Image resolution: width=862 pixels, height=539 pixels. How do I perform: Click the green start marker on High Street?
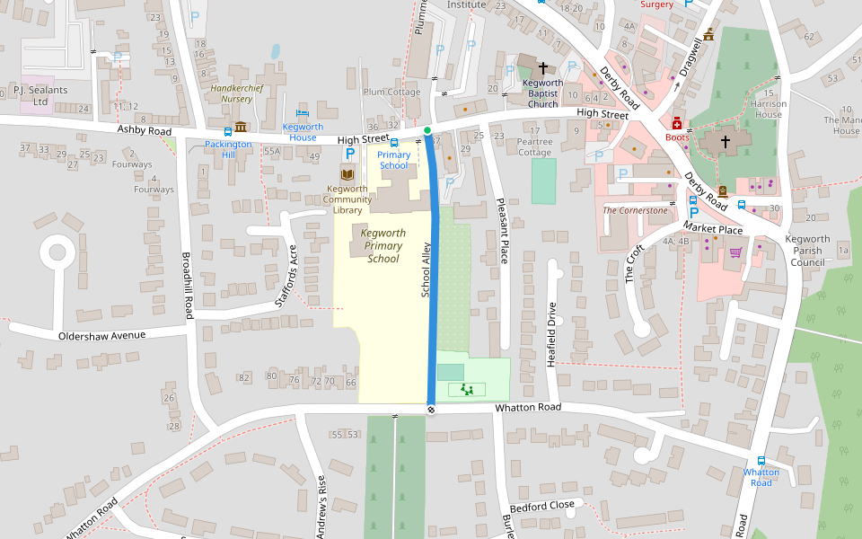427,131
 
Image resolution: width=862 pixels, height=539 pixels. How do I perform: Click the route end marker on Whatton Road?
431,410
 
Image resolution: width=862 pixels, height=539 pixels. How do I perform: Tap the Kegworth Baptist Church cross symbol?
542,68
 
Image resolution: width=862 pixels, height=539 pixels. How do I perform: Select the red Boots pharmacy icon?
677,123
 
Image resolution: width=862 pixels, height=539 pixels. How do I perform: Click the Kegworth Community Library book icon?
347,173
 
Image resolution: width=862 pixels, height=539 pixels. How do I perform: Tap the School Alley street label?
427,269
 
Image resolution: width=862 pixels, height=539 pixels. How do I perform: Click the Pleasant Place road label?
503,233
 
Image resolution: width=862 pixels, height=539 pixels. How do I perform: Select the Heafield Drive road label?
552,328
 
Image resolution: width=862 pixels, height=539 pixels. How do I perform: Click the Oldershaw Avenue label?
101,335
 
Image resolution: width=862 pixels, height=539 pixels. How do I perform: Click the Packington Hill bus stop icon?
229,131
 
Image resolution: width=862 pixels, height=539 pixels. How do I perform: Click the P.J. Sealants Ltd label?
40,95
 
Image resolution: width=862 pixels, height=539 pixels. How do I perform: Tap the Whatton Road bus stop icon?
761,460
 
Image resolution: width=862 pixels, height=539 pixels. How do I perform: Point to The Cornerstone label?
636,210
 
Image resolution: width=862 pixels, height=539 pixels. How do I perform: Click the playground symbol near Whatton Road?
466,389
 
